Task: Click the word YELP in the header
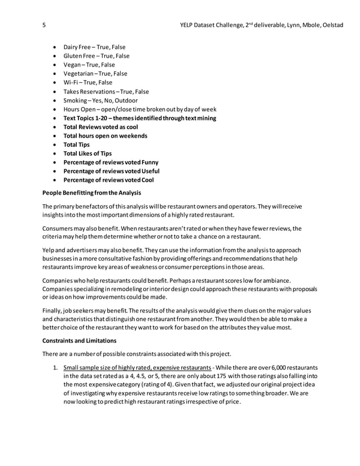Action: coord(188,25)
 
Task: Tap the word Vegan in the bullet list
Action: coord(73,65)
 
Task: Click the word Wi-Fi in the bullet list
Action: coord(71,82)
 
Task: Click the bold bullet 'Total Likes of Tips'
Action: coord(87,153)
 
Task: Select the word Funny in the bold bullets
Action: coord(150,162)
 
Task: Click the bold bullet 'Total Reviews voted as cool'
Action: coord(100,127)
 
